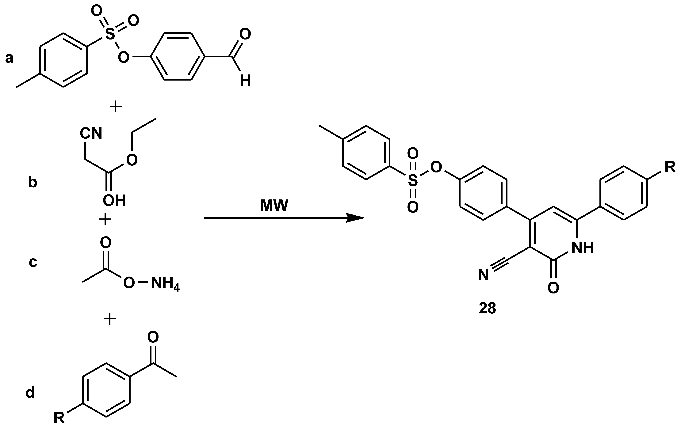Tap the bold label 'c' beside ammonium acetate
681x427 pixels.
[33, 262]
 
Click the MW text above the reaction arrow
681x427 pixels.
[274, 206]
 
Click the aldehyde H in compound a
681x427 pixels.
[245, 81]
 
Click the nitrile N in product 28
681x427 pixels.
[484, 275]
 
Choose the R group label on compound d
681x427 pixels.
[60, 418]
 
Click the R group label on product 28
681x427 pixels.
[670, 167]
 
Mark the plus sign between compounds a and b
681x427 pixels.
[116, 107]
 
